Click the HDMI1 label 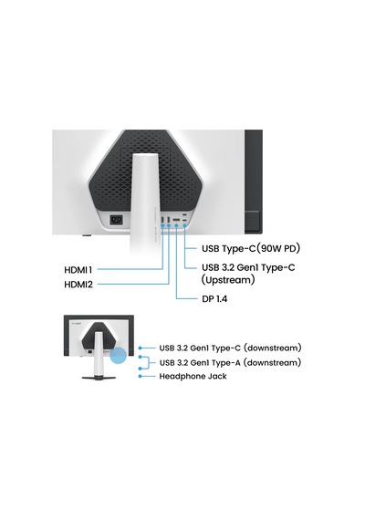pos(78,270)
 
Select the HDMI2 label pos(78,285)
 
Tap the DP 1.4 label pos(214,299)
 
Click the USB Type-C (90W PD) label pos(251,248)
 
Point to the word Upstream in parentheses pos(228,280)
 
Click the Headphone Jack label pos(193,377)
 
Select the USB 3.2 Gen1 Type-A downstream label pos(230,362)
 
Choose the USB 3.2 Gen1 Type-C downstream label pos(230,348)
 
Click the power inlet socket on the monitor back pos(116,220)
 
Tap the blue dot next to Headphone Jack pos(140,377)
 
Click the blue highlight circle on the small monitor pos(118,356)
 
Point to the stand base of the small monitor pos(99,378)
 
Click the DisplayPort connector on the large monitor pos(176,220)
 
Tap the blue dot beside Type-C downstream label pos(140,348)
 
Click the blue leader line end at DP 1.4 pos(197,299)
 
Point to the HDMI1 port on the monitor pos(162,220)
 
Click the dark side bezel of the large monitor pos(254,182)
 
